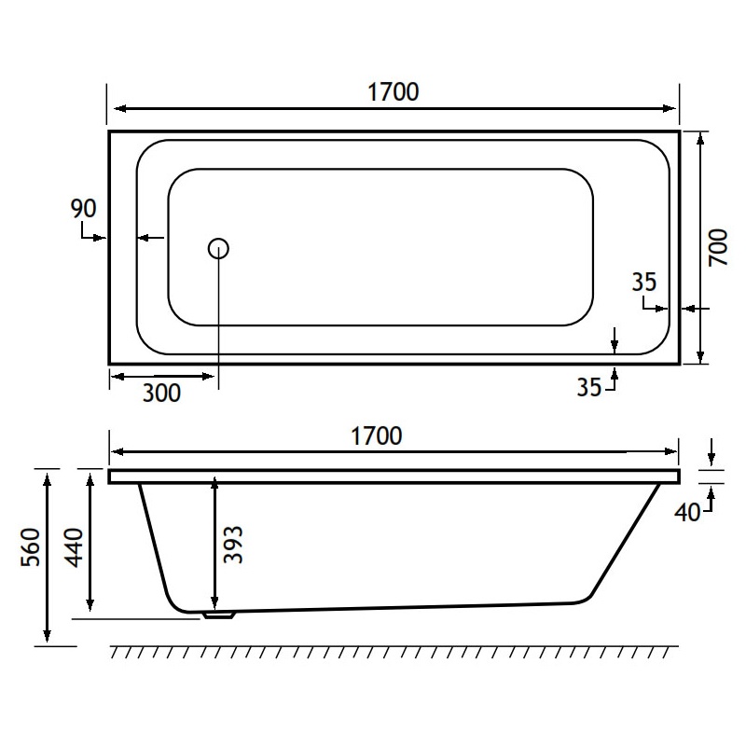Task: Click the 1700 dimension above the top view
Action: coord(393,91)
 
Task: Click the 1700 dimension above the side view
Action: coord(376,435)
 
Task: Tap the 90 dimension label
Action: coord(84,208)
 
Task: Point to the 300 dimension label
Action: coord(161,394)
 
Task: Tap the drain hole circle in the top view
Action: coord(218,248)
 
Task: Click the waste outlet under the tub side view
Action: coord(217,615)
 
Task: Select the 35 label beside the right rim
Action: coord(643,283)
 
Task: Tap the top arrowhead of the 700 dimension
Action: coord(701,137)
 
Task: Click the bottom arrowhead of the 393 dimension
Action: coord(215,601)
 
